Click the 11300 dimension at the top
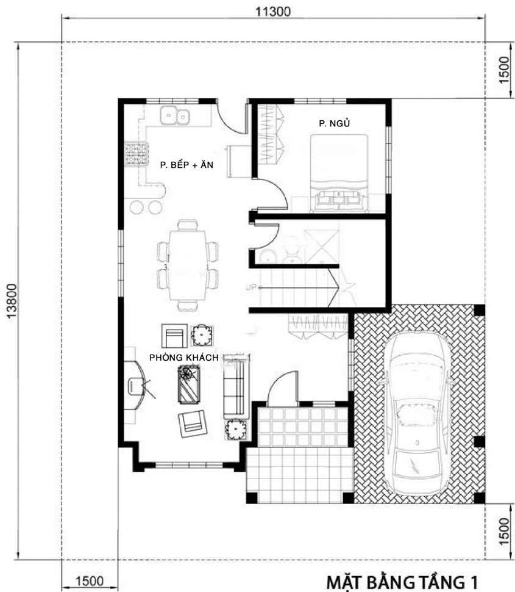tap(273, 10)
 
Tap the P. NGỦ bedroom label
tap(335, 124)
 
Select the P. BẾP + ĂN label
tap(186, 164)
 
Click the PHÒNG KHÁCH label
tap(183, 356)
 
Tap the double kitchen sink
tap(175, 115)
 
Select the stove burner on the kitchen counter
tap(137, 153)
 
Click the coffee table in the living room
tap(190, 384)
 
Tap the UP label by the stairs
tap(250, 286)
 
